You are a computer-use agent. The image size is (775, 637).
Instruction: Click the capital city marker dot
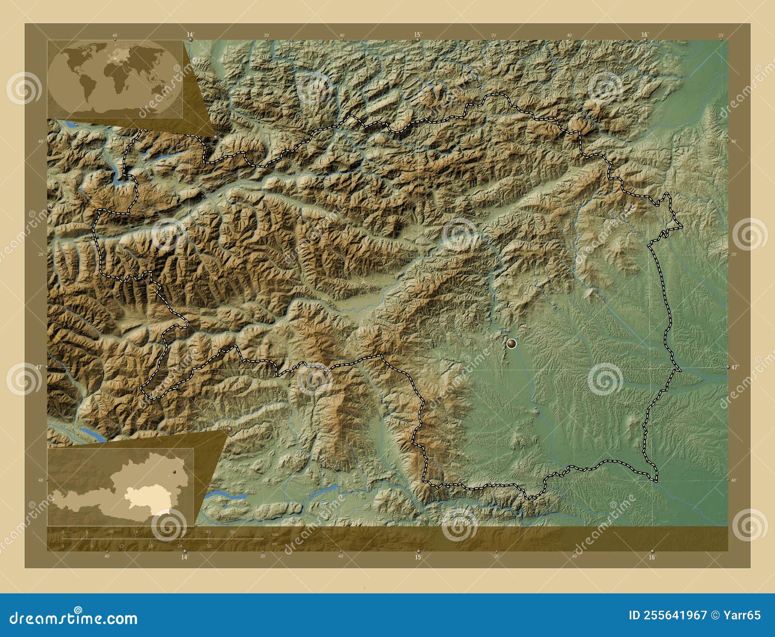pos(511,344)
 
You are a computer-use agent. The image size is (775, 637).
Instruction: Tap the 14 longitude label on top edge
pos(190,34)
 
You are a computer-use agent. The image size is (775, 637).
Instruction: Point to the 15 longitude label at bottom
pos(418,557)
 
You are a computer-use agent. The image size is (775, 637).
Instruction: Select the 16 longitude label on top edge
pos(644,34)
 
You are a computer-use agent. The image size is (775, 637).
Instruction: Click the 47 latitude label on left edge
pos(38,367)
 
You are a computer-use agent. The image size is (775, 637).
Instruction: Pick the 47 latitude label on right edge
pos(735,367)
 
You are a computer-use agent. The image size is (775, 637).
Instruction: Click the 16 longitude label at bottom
pos(651,557)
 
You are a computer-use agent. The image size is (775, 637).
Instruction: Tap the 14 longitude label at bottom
pos(184,557)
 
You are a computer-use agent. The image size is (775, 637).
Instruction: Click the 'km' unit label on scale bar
pos(275,534)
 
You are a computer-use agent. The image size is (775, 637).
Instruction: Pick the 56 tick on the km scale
pos(232,532)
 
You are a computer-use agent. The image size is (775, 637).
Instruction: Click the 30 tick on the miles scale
pos(209,546)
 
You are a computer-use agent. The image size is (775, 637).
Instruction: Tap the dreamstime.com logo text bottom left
pos(74,618)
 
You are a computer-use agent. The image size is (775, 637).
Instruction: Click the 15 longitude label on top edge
pos(417,34)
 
